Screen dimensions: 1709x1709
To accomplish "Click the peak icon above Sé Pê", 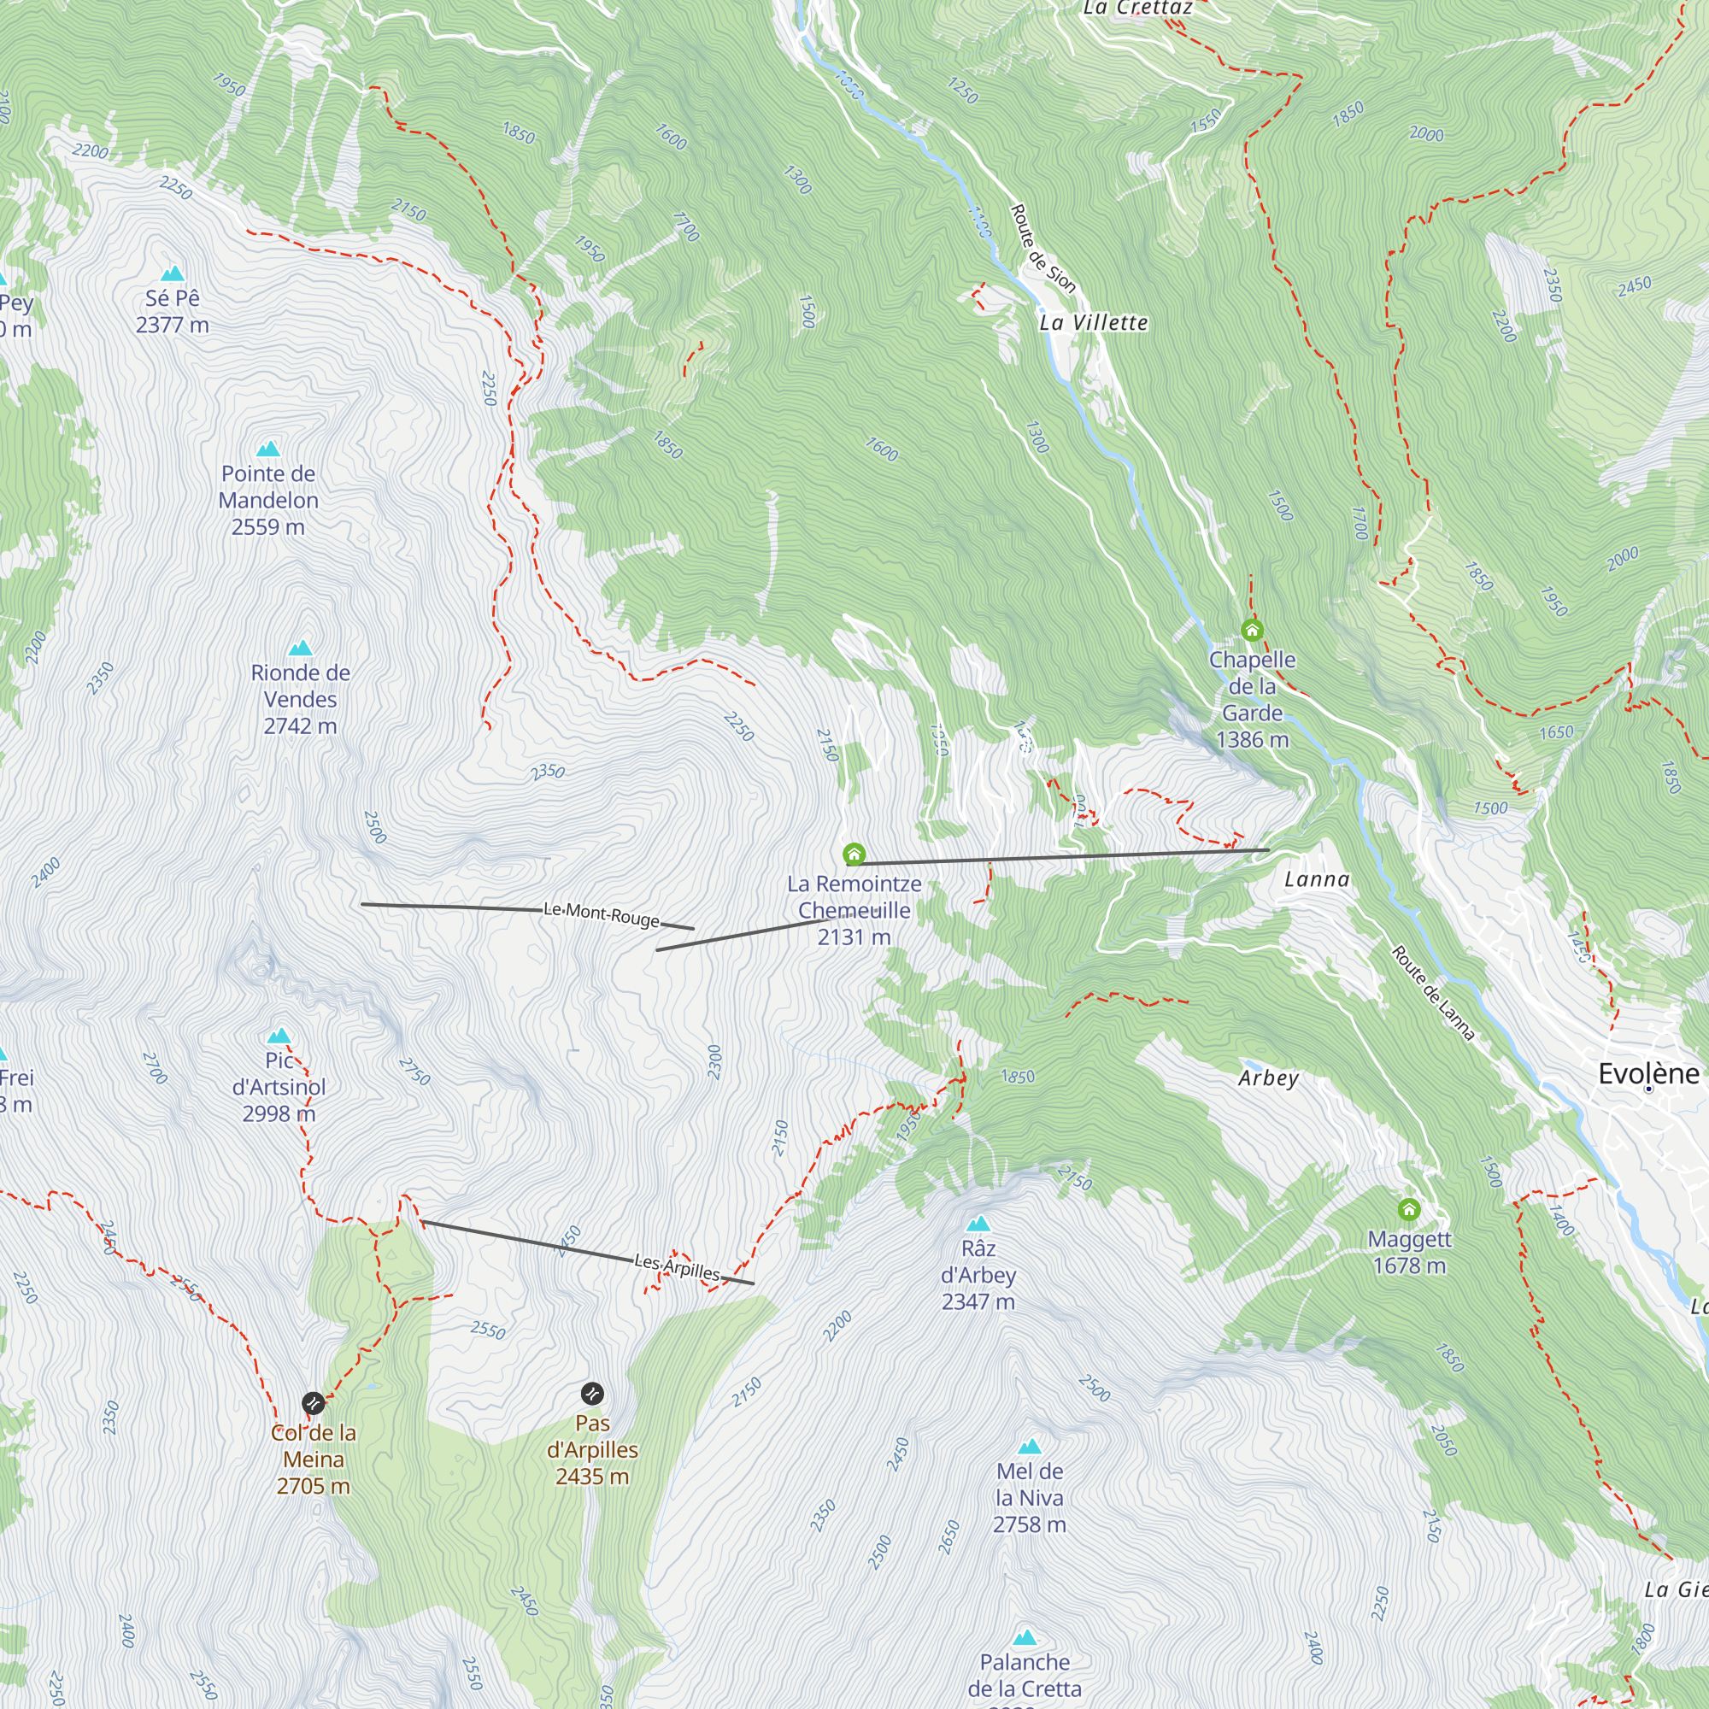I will (173, 273).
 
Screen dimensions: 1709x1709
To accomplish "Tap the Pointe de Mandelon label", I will (268, 500).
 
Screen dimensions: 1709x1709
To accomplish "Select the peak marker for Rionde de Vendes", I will (300, 648).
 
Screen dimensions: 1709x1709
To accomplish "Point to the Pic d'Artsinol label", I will (279, 1086).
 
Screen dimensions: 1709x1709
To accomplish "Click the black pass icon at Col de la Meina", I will (313, 1403).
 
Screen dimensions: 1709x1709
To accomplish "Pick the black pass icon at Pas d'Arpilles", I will (593, 1394).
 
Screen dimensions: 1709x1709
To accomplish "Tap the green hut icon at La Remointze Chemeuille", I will (854, 854).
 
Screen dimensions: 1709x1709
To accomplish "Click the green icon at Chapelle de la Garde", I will (1252, 630).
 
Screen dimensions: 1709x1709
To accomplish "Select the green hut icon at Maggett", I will (1409, 1208).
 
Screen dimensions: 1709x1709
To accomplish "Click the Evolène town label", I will (1648, 1074).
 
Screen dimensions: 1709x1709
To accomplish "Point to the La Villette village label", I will (1094, 323).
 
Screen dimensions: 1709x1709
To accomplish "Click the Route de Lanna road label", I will (1433, 992).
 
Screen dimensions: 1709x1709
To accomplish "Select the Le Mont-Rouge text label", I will (602, 913).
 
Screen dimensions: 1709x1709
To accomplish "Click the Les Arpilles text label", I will (678, 1267).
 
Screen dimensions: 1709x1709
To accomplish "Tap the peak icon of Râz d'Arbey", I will (978, 1224).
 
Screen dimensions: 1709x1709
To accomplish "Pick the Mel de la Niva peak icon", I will (1029, 1448).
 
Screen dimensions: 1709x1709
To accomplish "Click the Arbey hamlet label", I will (1267, 1078).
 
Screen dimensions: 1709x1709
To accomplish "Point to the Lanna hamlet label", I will (1316, 879).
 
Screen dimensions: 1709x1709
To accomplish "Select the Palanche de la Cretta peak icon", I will (1025, 1637).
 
